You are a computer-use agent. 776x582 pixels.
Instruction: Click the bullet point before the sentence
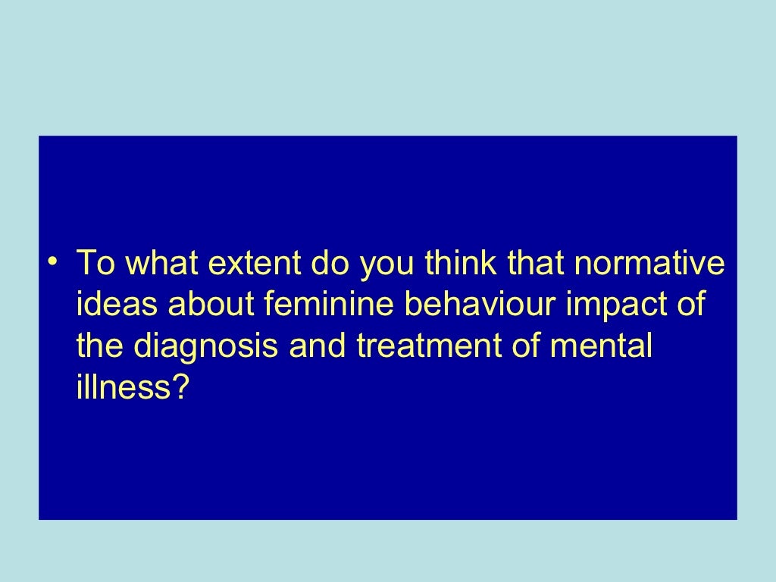52,261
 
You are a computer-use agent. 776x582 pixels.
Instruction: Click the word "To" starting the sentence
96,262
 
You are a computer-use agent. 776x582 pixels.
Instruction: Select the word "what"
162,262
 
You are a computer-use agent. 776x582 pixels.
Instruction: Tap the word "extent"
254,263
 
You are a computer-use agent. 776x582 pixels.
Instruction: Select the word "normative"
649,263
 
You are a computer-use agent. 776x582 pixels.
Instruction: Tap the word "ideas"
117,303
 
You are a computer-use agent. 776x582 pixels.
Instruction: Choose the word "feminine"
329,303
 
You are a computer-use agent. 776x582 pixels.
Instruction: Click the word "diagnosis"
205,348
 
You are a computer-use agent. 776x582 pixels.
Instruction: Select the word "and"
318,345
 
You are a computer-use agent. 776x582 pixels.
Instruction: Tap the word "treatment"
429,346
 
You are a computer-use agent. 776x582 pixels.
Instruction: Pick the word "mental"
601,345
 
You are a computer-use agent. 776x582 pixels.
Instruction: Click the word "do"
330,262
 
